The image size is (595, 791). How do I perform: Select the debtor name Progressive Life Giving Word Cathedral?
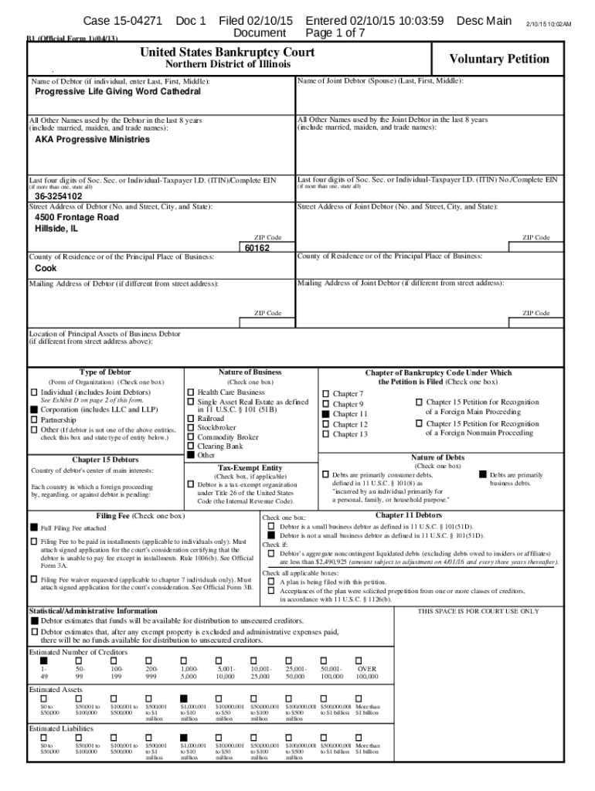pyautogui.click(x=117, y=92)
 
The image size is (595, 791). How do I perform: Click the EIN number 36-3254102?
pyautogui.click(x=59, y=196)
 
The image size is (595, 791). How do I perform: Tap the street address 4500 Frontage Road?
pyautogui.click(x=76, y=218)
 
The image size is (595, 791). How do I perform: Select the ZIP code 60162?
pyautogui.click(x=257, y=248)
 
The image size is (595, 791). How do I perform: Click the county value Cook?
pyautogui.click(x=46, y=269)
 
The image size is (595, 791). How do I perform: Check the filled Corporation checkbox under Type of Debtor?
pyautogui.click(x=34, y=409)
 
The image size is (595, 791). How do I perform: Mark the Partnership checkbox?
pyautogui.click(x=34, y=419)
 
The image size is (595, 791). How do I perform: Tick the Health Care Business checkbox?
pyautogui.click(x=191, y=392)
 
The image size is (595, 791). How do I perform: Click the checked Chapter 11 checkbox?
pyautogui.click(x=326, y=414)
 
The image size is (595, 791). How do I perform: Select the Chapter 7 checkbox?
pyautogui.click(x=326, y=394)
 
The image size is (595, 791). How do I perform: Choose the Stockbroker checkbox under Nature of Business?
pyautogui.click(x=191, y=426)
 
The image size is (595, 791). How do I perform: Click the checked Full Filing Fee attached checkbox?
pyautogui.click(x=34, y=528)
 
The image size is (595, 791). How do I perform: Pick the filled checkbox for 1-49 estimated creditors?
pyautogui.click(x=43, y=660)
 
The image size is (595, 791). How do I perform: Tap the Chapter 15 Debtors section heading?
pyautogui.click(x=105, y=460)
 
